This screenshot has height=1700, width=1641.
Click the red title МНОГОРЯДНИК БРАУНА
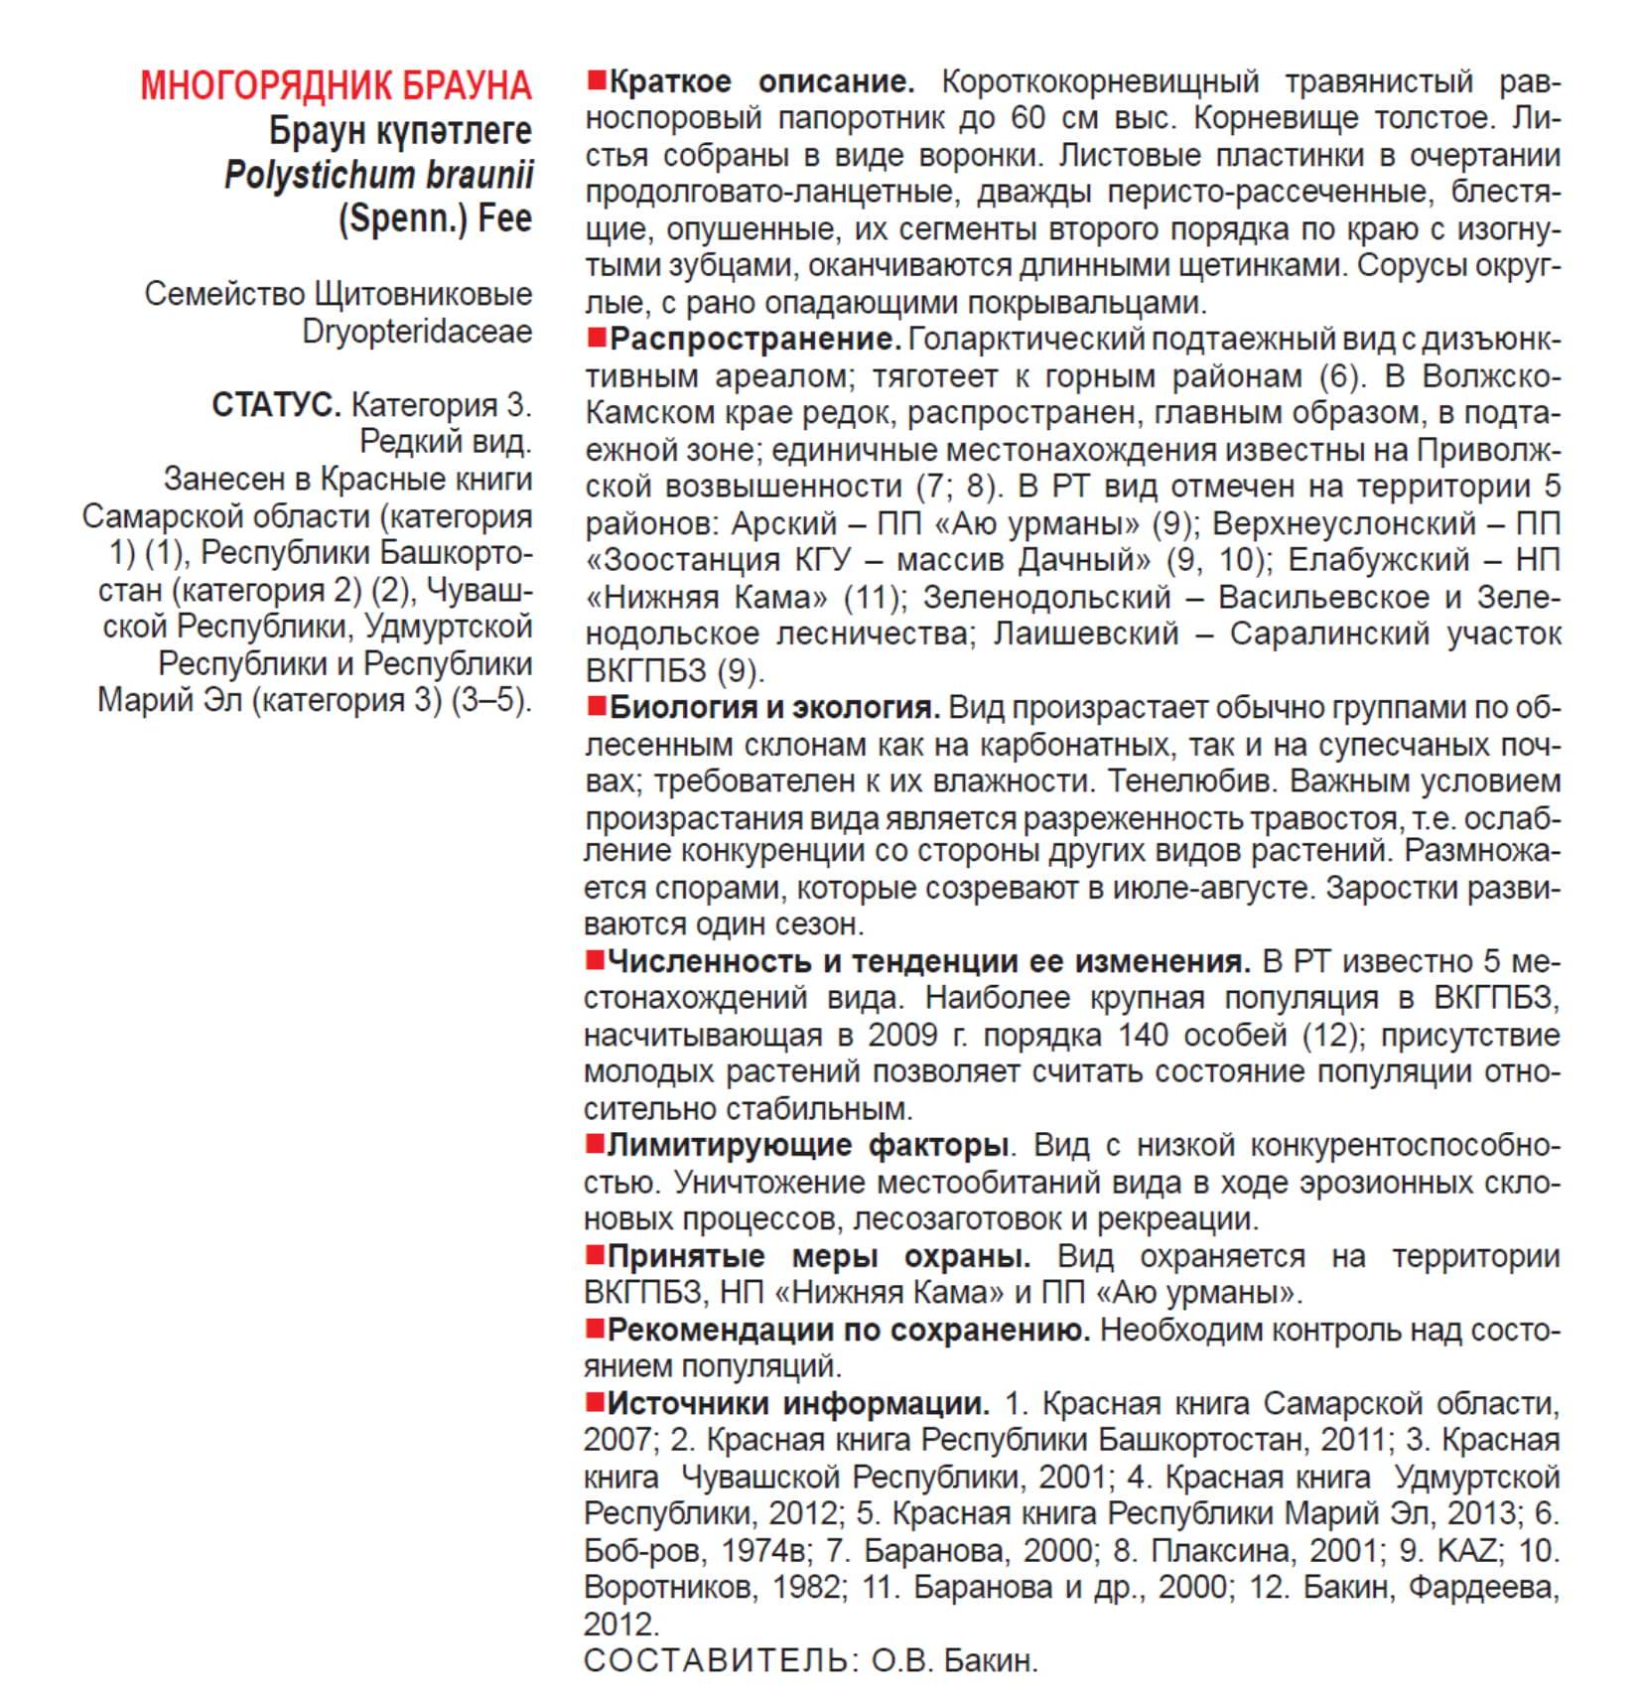tap(336, 86)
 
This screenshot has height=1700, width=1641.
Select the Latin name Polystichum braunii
tap(378, 175)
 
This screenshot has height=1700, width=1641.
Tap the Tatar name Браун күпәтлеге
tap(400, 131)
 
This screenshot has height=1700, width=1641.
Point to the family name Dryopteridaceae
tap(417, 332)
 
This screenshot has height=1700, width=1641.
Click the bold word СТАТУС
tap(276, 405)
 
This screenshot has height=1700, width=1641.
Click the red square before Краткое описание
tap(597, 79)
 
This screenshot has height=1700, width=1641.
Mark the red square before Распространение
tap(597, 338)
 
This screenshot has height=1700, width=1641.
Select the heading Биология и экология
tap(773, 707)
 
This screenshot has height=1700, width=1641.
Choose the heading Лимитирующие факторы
tap(808, 1145)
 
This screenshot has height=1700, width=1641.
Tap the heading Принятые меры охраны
tap(818, 1256)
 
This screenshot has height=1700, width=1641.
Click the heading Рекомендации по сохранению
tap(848, 1330)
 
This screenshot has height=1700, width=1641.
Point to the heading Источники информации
tap(798, 1403)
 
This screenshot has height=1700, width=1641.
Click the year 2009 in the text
tap(902, 1035)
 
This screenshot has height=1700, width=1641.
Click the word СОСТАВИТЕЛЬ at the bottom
tap(716, 1660)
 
